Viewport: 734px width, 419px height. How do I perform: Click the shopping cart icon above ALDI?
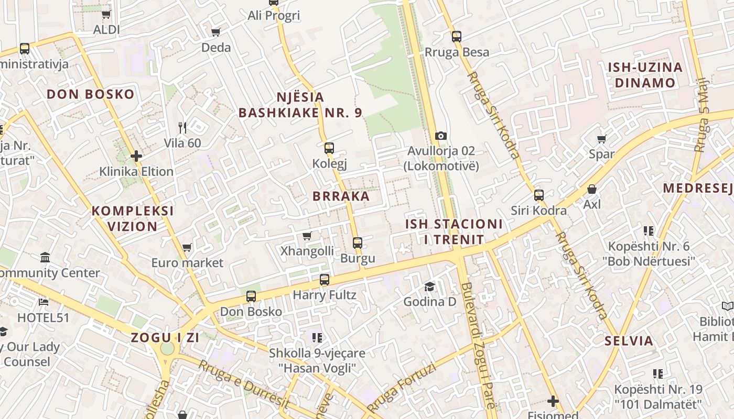click(x=106, y=14)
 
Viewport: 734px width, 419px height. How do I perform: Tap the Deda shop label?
click(x=216, y=48)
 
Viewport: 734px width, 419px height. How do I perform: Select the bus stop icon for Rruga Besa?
click(x=457, y=37)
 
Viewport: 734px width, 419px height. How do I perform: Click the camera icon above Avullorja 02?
click(x=441, y=136)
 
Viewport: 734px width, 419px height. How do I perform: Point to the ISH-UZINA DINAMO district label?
click(x=645, y=75)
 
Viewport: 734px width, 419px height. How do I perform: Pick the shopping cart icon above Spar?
click(x=601, y=139)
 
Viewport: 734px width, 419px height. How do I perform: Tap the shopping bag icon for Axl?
click(x=592, y=189)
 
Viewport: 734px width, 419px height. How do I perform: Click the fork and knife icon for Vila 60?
click(x=182, y=127)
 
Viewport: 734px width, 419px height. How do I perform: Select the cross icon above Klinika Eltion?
click(x=136, y=156)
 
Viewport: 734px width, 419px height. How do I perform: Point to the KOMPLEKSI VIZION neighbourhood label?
click(x=133, y=218)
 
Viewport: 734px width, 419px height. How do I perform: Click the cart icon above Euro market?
click(x=187, y=247)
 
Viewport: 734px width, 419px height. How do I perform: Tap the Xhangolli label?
click(x=307, y=251)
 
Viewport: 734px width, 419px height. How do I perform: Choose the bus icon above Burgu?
click(x=358, y=242)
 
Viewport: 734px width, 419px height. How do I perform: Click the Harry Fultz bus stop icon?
click(x=325, y=280)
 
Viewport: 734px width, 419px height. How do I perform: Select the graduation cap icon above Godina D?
click(x=429, y=286)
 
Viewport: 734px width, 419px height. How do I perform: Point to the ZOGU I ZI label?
click(x=165, y=337)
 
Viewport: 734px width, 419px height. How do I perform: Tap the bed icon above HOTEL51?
click(x=44, y=302)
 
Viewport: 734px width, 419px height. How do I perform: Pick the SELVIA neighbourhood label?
click(x=629, y=341)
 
